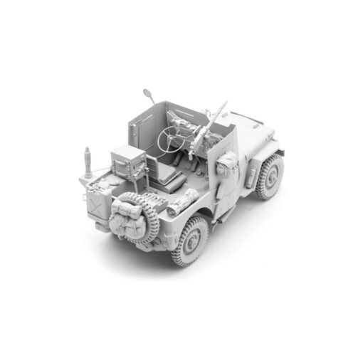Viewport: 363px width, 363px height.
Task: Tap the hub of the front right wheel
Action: [271, 176]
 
